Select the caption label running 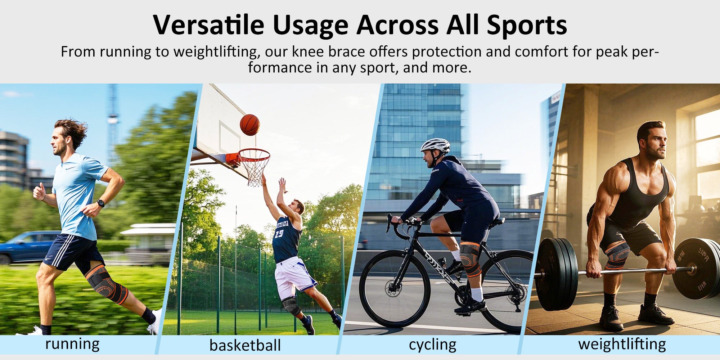click(72, 344)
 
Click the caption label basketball click(245, 345)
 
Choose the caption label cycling click(432, 345)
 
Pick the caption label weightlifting click(622, 344)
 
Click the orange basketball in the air click(250, 125)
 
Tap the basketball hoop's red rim click(252, 155)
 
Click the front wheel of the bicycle click(395, 289)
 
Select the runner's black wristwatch click(101, 203)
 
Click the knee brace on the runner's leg click(107, 284)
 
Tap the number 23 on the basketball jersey click(279, 234)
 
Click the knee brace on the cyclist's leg click(470, 258)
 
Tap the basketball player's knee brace click(291, 305)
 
